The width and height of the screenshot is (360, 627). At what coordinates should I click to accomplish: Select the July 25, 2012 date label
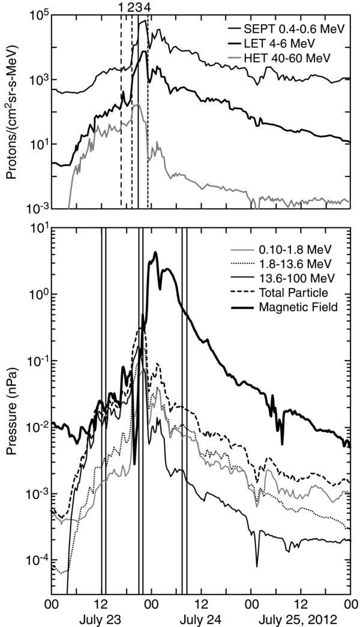pos(304,619)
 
